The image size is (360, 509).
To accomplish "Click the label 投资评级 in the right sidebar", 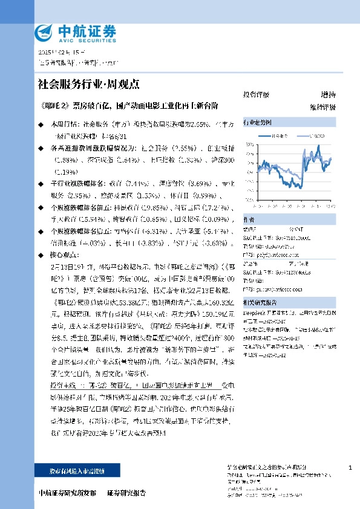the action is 257,95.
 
